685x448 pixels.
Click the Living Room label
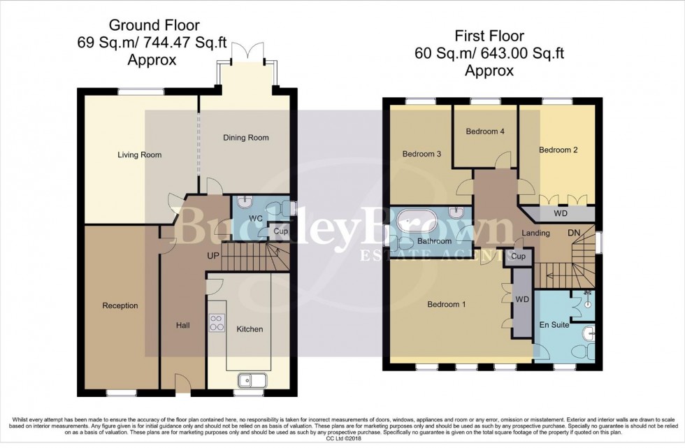coord(139,155)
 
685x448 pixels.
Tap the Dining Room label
coord(245,138)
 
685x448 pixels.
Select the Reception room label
coord(120,305)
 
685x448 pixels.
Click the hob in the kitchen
coord(217,322)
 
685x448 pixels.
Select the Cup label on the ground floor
coord(281,231)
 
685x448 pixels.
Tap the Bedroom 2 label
coord(557,150)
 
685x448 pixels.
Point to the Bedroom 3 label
coord(421,154)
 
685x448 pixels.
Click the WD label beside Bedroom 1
coord(521,298)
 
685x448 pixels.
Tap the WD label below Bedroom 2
coord(560,214)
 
